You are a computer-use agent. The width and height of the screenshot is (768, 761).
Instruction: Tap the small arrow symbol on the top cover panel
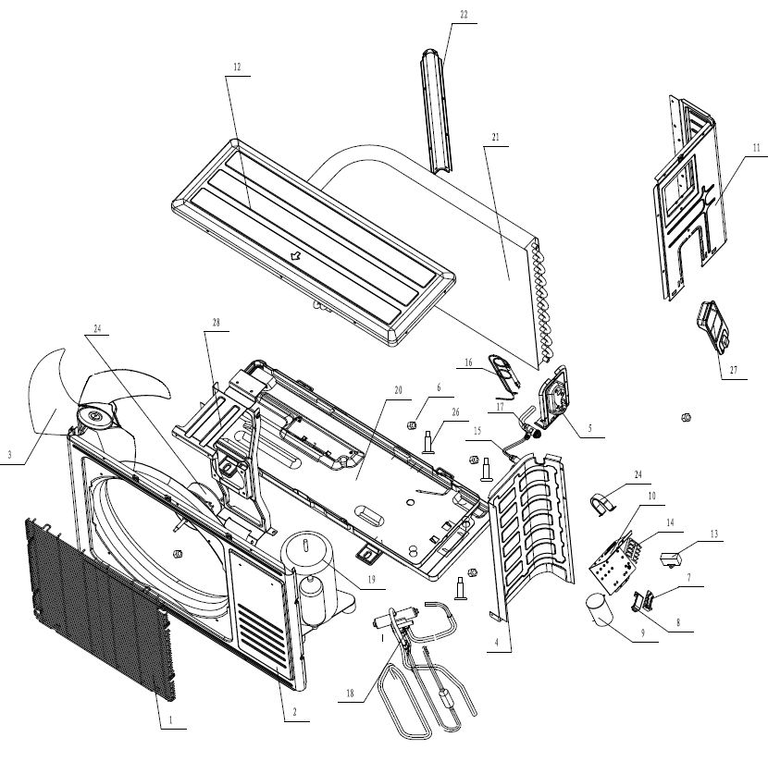point(297,255)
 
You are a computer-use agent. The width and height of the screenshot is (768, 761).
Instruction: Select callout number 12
point(237,68)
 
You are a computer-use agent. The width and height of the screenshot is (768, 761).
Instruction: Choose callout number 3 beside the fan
point(10,454)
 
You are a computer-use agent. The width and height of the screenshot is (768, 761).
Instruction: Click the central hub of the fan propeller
point(94,420)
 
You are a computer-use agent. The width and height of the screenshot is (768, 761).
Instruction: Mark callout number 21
point(496,137)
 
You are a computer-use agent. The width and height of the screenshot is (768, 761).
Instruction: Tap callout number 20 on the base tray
point(398,390)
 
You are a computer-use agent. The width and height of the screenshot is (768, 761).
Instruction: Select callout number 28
point(217,322)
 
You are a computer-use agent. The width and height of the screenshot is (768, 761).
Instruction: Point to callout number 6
point(439,387)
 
